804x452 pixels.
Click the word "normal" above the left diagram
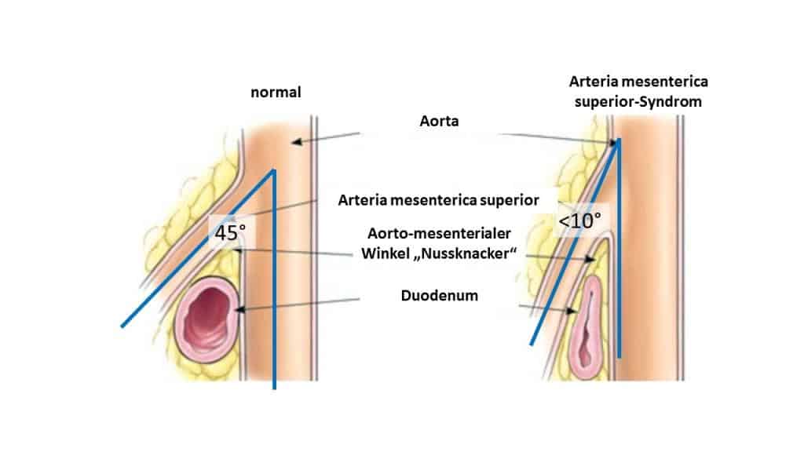pyautogui.click(x=276, y=93)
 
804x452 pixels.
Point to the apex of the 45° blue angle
pyautogui.click(x=273, y=169)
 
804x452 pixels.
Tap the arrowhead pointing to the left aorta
pyautogui.click(x=294, y=143)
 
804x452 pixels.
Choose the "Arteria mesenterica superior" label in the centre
pyautogui.click(x=439, y=201)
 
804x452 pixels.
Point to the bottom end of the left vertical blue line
pyautogui.click(x=274, y=388)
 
